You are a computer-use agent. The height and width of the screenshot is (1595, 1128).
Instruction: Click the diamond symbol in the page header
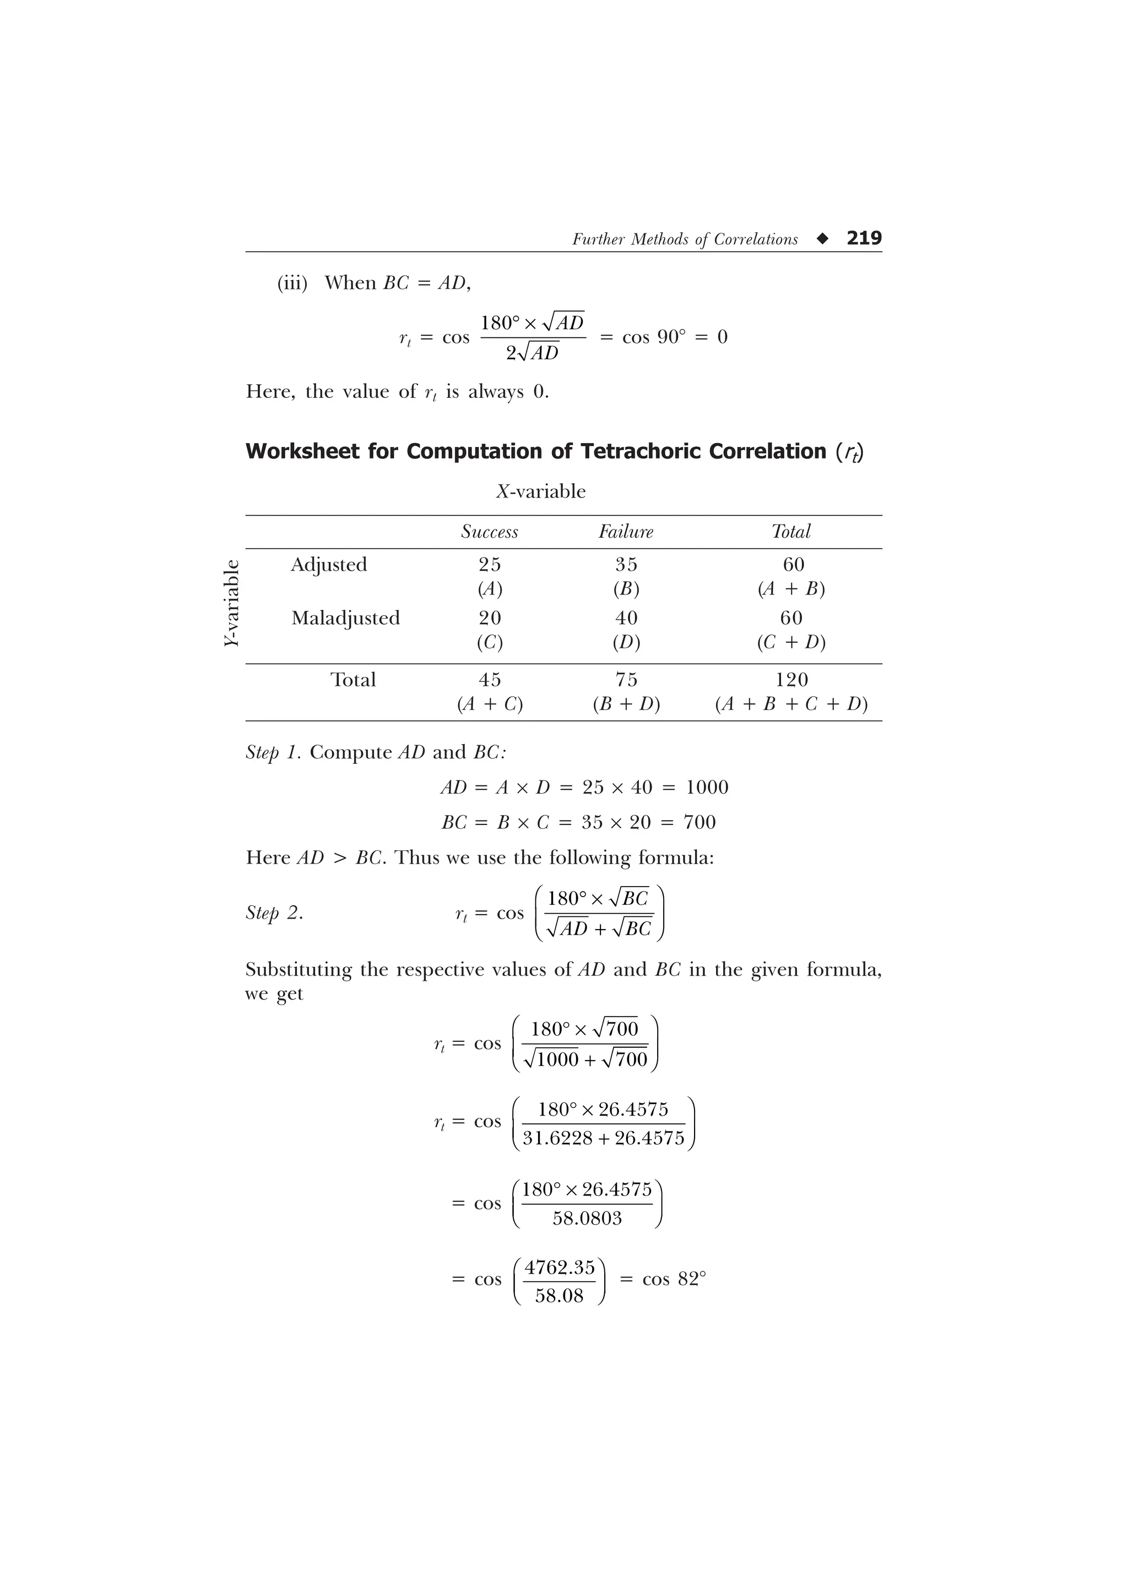[x=823, y=239]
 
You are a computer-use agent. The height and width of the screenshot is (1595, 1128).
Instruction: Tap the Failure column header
[x=626, y=532]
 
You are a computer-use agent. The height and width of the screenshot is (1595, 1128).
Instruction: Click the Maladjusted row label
[x=345, y=618]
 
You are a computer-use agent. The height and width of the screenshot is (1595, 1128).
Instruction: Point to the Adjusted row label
[x=329, y=564]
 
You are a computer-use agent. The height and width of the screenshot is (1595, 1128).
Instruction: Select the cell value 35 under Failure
[x=626, y=564]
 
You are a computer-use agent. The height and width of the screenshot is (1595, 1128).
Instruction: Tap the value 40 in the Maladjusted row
[x=626, y=618]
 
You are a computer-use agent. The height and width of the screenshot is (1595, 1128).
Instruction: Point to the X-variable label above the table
[x=541, y=492]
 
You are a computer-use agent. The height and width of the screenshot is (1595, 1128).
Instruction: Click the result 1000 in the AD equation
[x=707, y=787]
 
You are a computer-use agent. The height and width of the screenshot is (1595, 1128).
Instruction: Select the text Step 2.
[x=274, y=913]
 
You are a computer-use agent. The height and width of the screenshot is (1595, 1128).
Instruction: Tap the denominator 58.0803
[x=587, y=1218]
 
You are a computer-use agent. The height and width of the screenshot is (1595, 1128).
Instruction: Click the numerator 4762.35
[x=560, y=1268]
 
